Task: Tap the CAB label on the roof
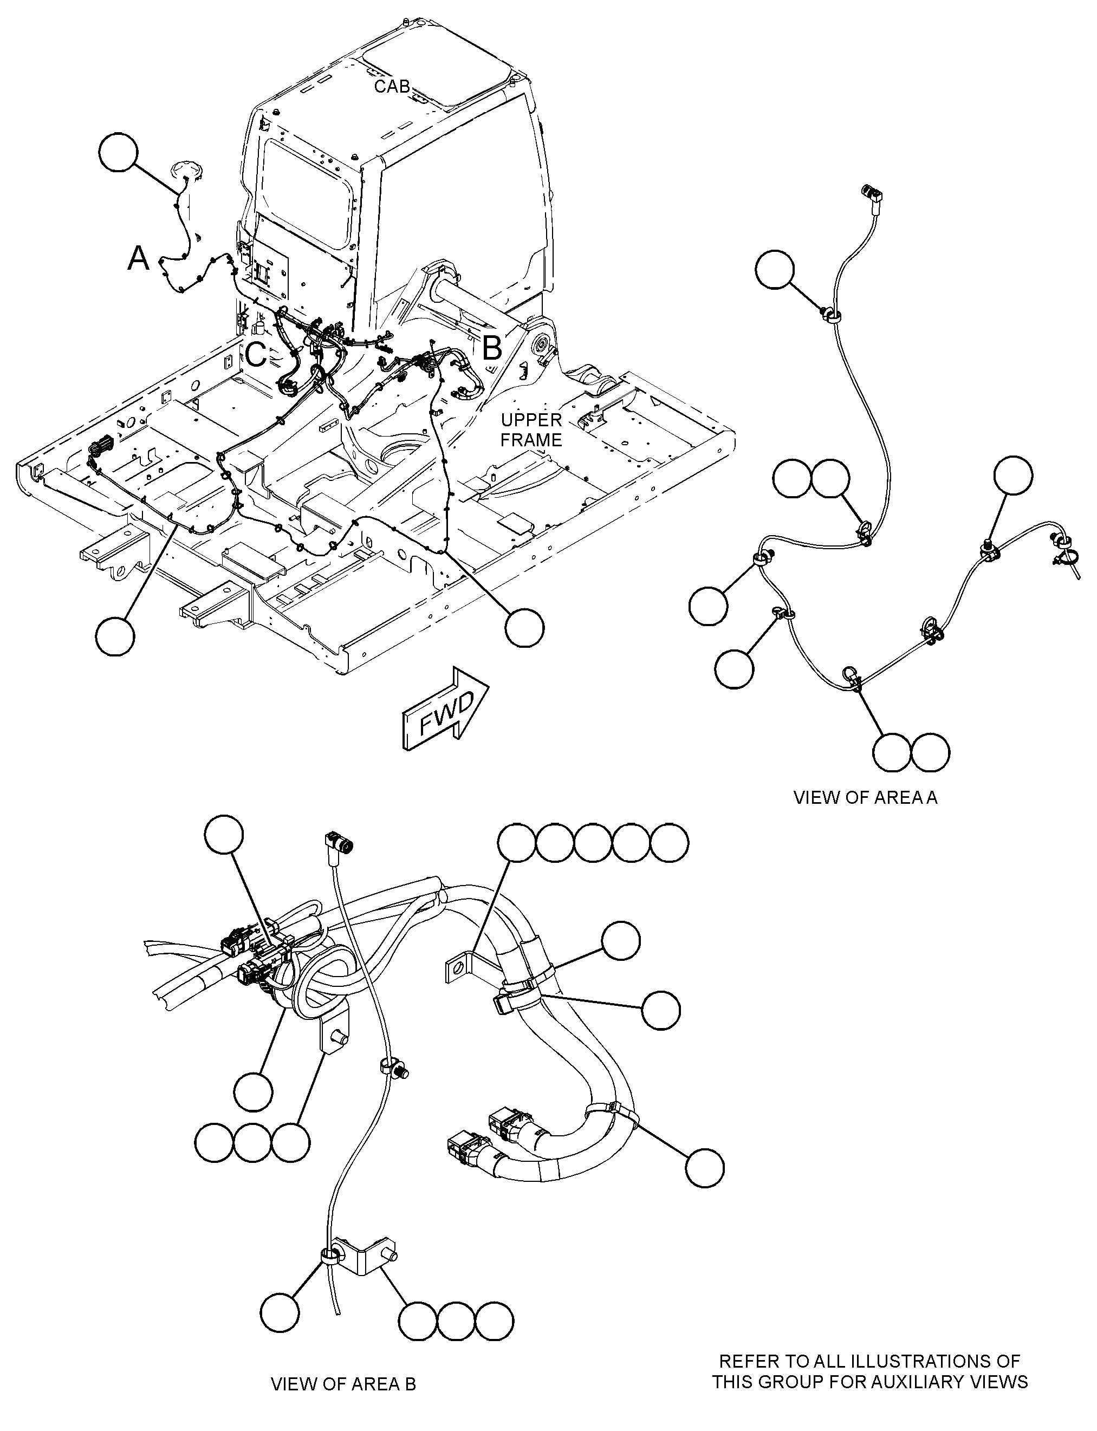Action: [392, 86]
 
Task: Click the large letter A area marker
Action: [138, 258]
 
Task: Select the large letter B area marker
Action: [492, 348]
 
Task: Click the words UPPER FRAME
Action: [531, 430]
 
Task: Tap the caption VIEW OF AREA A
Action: [865, 797]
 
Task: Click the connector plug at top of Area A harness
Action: [871, 193]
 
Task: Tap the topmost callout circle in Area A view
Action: [775, 269]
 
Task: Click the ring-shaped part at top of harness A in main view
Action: [187, 171]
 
